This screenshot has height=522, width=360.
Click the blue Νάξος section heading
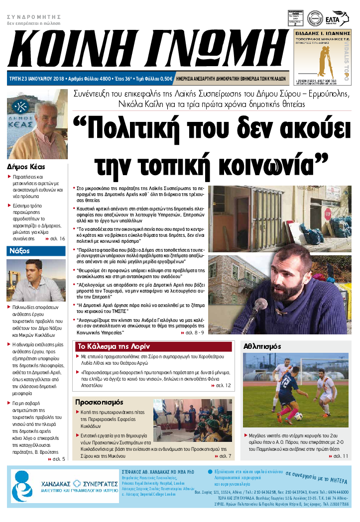click(x=19, y=251)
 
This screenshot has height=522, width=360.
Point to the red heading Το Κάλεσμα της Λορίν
click(x=108, y=347)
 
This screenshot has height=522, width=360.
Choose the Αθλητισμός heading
click(x=262, y=346)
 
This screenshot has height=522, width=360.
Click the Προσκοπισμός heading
click(x=99, y=402)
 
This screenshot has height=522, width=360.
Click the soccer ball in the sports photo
click(x=298, y=416)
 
